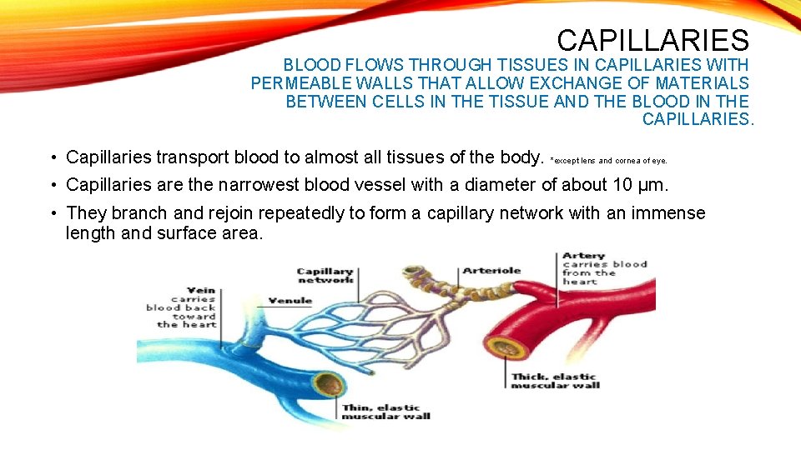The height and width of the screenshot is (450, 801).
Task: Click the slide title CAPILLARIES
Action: tap(652, 40)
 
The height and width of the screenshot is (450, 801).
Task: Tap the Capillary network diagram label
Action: tap(325, 275)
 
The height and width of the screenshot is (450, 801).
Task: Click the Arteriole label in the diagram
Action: tap(491, 270)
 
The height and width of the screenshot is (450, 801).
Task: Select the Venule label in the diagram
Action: tap(290, 300)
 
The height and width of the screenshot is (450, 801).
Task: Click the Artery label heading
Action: tap(583, 256)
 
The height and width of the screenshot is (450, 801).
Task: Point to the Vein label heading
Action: tap(201, 291)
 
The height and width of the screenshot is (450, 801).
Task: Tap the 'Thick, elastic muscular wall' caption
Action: tap(555, 381)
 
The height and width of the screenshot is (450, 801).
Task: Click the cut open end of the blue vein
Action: tap(331, 384)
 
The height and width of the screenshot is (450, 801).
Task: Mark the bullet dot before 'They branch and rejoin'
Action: tap(52, 214)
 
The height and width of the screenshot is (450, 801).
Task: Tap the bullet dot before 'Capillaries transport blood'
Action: tap(52, 157)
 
